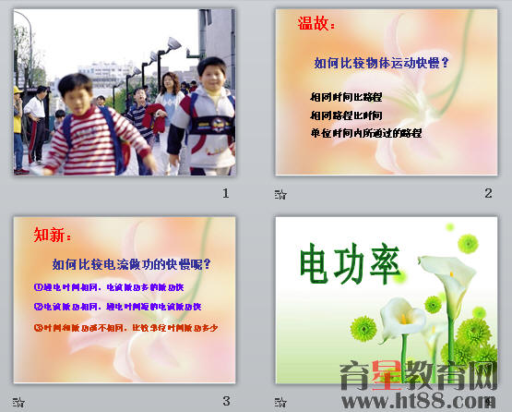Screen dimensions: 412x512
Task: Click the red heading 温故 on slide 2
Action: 316,25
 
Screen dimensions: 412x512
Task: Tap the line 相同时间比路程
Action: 346,96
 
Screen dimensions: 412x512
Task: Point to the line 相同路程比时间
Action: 346,115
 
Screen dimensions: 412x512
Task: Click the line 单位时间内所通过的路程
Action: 366,133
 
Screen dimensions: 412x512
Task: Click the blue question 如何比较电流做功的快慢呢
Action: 132,264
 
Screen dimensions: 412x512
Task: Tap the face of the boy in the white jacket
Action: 211,74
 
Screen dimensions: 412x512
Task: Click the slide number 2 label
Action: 488,193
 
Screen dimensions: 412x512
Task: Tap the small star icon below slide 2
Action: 280,194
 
